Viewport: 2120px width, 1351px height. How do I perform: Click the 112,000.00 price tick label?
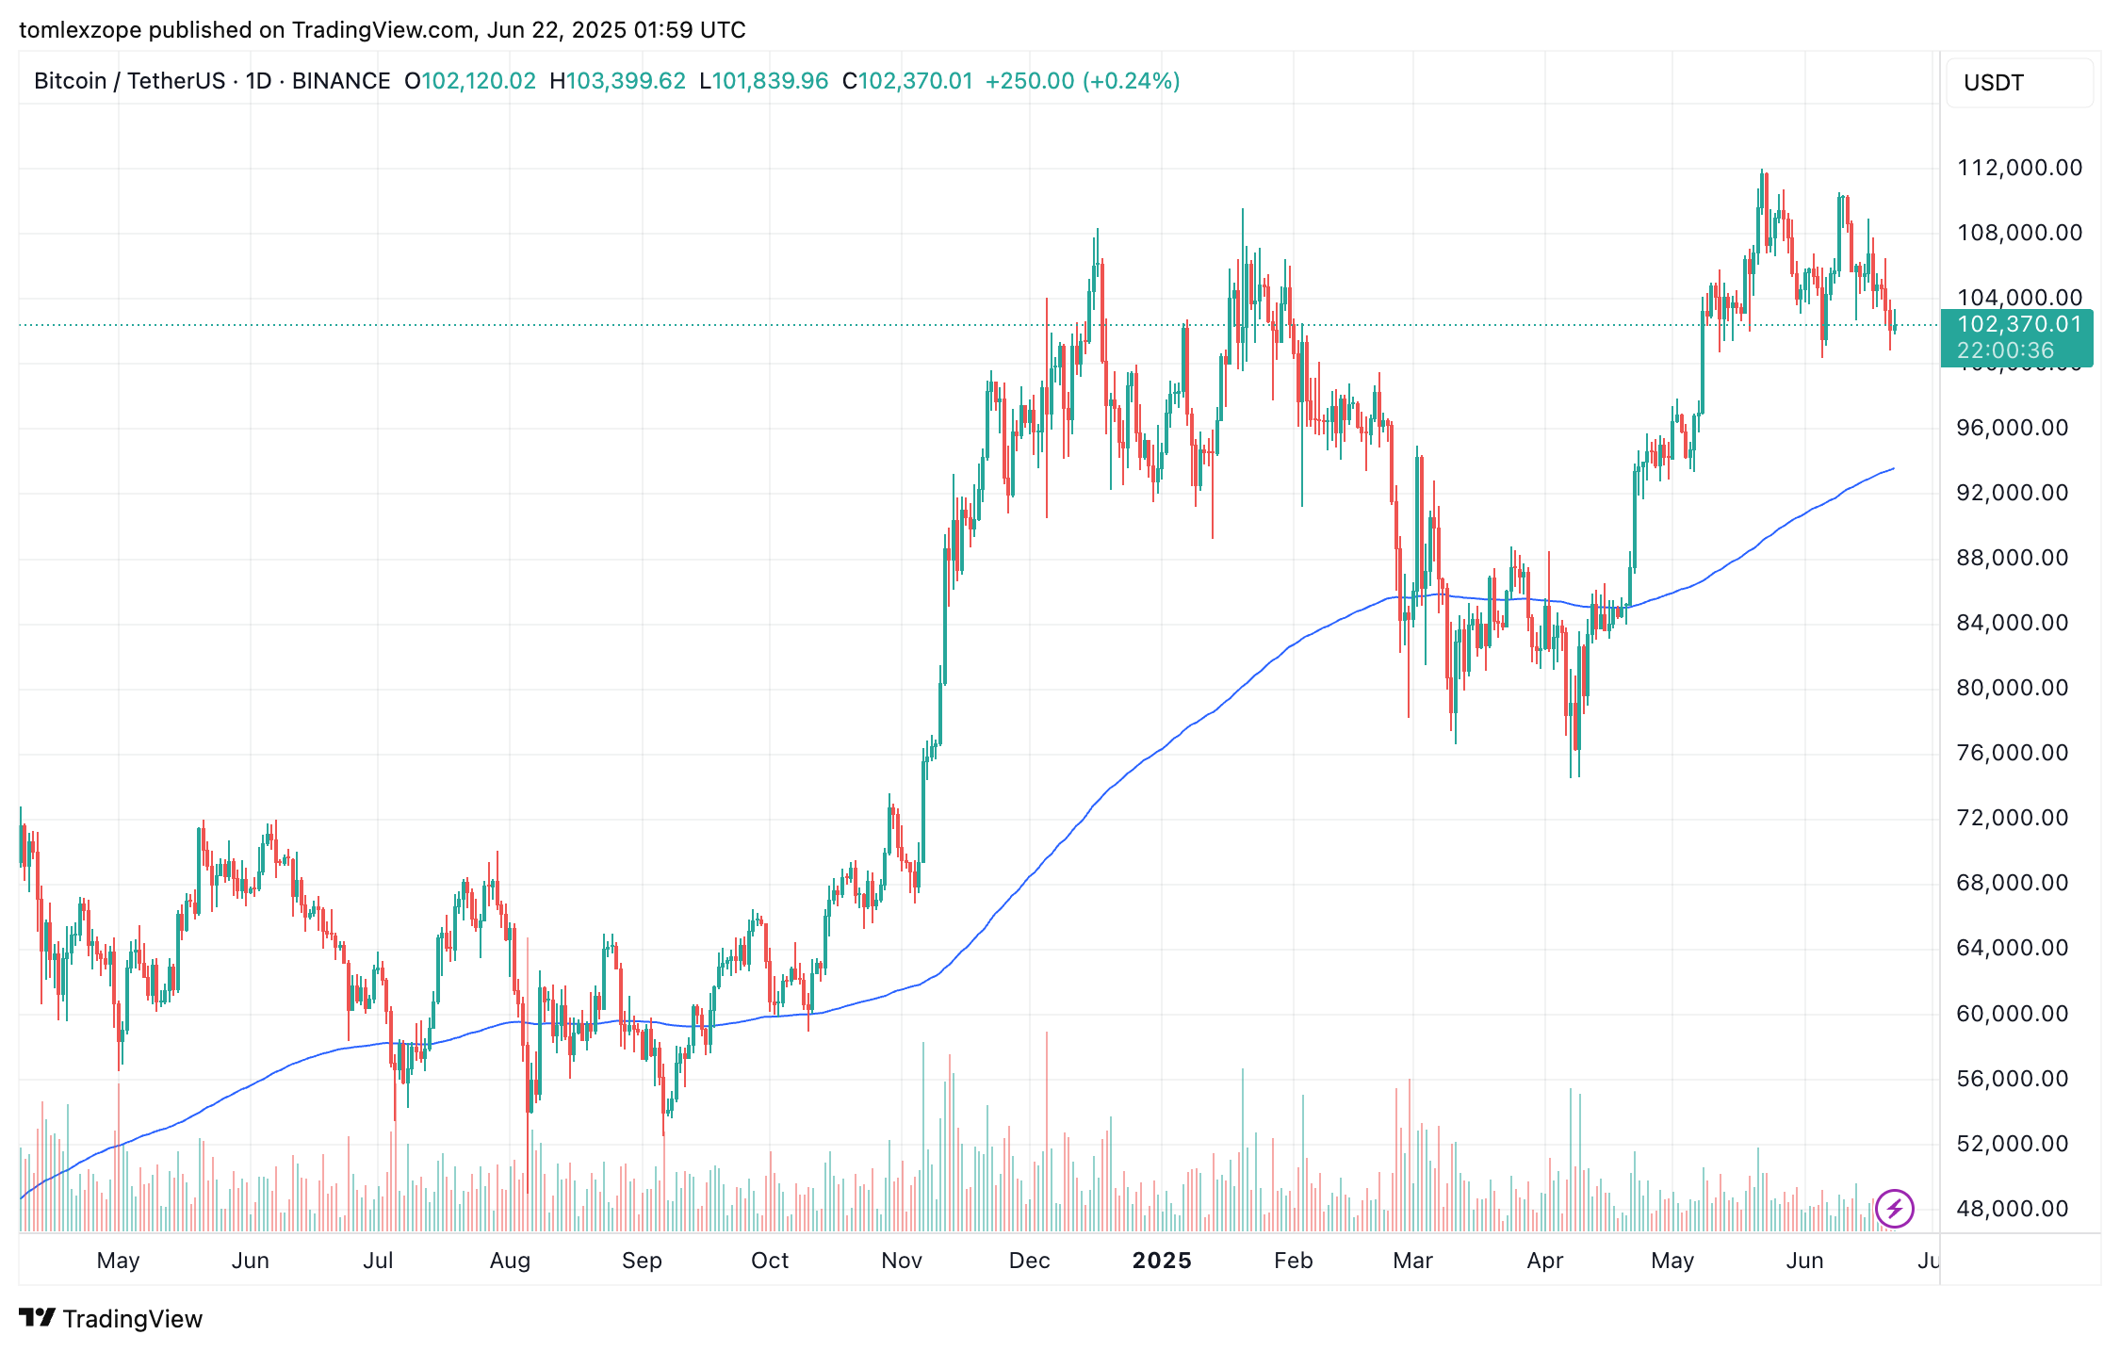click(2019, 168)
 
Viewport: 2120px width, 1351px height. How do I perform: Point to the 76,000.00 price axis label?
click(2012, 753)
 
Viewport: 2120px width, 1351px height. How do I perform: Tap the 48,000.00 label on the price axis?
click(2012, 1209)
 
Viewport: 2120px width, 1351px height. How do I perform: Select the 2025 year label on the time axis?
click(1162, 1261)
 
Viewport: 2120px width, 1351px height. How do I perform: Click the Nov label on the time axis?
click(902, 1261)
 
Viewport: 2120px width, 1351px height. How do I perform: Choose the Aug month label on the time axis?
click(510, 1261)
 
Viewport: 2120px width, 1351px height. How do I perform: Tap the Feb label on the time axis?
click(1293, 1261)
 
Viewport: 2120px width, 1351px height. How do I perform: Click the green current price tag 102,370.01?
click(2018, 325)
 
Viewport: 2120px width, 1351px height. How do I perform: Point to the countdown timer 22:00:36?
click(2005, 351)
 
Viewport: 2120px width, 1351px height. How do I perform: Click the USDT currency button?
click(1993, 83)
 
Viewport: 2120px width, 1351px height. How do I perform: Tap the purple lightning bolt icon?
click(1894, 1208)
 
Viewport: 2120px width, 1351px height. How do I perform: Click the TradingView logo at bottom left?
click(111, 1318)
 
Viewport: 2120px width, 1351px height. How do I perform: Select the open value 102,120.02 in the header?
click(478, 81)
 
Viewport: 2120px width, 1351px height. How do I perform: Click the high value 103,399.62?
click(626, 81)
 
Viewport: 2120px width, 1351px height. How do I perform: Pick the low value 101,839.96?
click(770, 81)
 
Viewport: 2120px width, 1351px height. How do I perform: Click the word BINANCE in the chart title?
click(341, 81)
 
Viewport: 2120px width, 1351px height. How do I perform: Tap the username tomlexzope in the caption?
click(80, 30)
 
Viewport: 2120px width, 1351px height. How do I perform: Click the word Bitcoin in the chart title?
click(70, 81)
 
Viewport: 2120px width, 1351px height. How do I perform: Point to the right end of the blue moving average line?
click(1892, 469)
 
